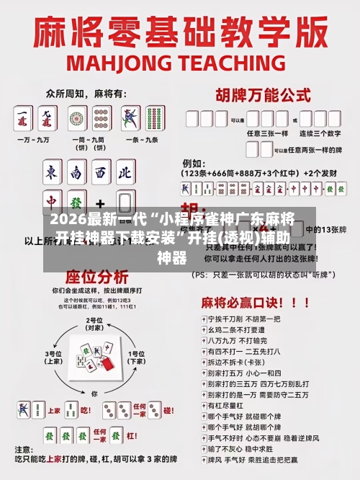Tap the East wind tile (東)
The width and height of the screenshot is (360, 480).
53,172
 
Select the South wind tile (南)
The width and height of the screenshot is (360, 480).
76,172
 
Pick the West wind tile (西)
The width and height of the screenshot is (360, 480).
100,172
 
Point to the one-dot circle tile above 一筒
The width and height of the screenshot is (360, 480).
76,117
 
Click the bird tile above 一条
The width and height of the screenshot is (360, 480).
130,117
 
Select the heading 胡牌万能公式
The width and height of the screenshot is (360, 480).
264,94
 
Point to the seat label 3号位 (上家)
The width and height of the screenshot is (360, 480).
55,357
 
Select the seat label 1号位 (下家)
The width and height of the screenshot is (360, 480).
136,357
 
